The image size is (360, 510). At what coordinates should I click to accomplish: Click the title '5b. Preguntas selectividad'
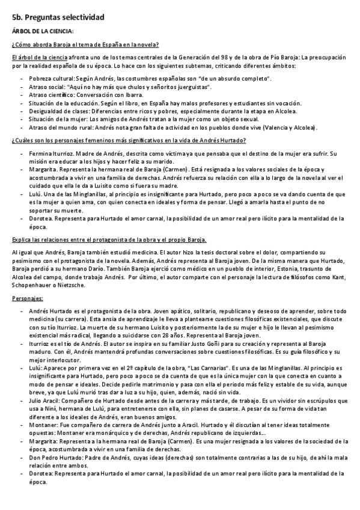(58, 18)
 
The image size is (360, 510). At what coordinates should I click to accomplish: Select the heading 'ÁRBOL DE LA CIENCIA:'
(43, 32)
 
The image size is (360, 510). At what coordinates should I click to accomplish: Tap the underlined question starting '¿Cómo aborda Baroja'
(85, 45)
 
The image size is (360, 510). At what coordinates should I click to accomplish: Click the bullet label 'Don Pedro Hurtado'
(54, 457)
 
